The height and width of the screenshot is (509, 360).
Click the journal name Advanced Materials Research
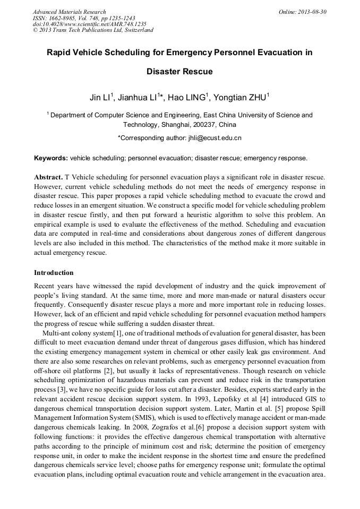[69, 12]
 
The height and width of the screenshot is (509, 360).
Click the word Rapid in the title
[60, 53]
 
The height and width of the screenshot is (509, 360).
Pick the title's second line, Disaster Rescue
[179, 71]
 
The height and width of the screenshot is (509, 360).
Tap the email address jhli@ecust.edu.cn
[211, 138]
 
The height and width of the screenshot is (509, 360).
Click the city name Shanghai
[167, 125]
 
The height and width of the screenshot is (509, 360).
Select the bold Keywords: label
[51, 158]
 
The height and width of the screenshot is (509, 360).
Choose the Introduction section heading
[54, 273]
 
